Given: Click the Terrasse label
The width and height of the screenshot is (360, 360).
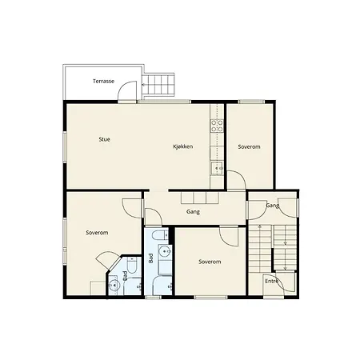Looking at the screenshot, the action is coord(103,81).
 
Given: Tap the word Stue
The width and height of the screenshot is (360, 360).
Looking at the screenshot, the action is coord(104,139).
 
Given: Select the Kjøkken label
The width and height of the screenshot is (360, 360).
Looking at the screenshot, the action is coord(183,146).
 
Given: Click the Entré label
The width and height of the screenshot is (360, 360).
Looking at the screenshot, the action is coord(272,281).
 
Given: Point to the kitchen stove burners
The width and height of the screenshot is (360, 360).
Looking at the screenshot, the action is coord(217,126).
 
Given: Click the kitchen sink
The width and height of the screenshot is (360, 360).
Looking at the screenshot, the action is coord(217,168).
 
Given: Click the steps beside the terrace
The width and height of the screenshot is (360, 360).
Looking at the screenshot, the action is coord(158,85).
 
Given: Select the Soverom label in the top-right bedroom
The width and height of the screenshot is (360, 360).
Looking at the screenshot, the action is coord(249,146).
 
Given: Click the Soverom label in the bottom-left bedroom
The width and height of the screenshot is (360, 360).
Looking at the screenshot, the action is coord(97,233).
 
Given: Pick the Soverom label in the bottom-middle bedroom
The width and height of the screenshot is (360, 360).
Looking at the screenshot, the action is coord(210,262).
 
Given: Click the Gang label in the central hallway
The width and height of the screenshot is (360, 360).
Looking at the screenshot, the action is coord(193,212).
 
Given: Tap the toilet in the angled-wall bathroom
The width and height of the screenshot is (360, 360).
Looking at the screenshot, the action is coord(132,265).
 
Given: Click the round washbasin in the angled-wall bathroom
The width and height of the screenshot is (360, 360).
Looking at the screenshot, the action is coord(115,285).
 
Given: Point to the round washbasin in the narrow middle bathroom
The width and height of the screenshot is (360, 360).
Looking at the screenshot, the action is coord(165,251).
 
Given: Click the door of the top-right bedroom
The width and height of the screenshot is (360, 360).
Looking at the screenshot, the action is coord(237,180).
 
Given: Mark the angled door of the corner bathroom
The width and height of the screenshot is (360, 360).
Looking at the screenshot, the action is coord(106,260).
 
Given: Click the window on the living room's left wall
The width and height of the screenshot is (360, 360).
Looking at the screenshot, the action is coord(65,146).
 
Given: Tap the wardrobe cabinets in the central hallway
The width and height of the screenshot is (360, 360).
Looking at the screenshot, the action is coord(200,198).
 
